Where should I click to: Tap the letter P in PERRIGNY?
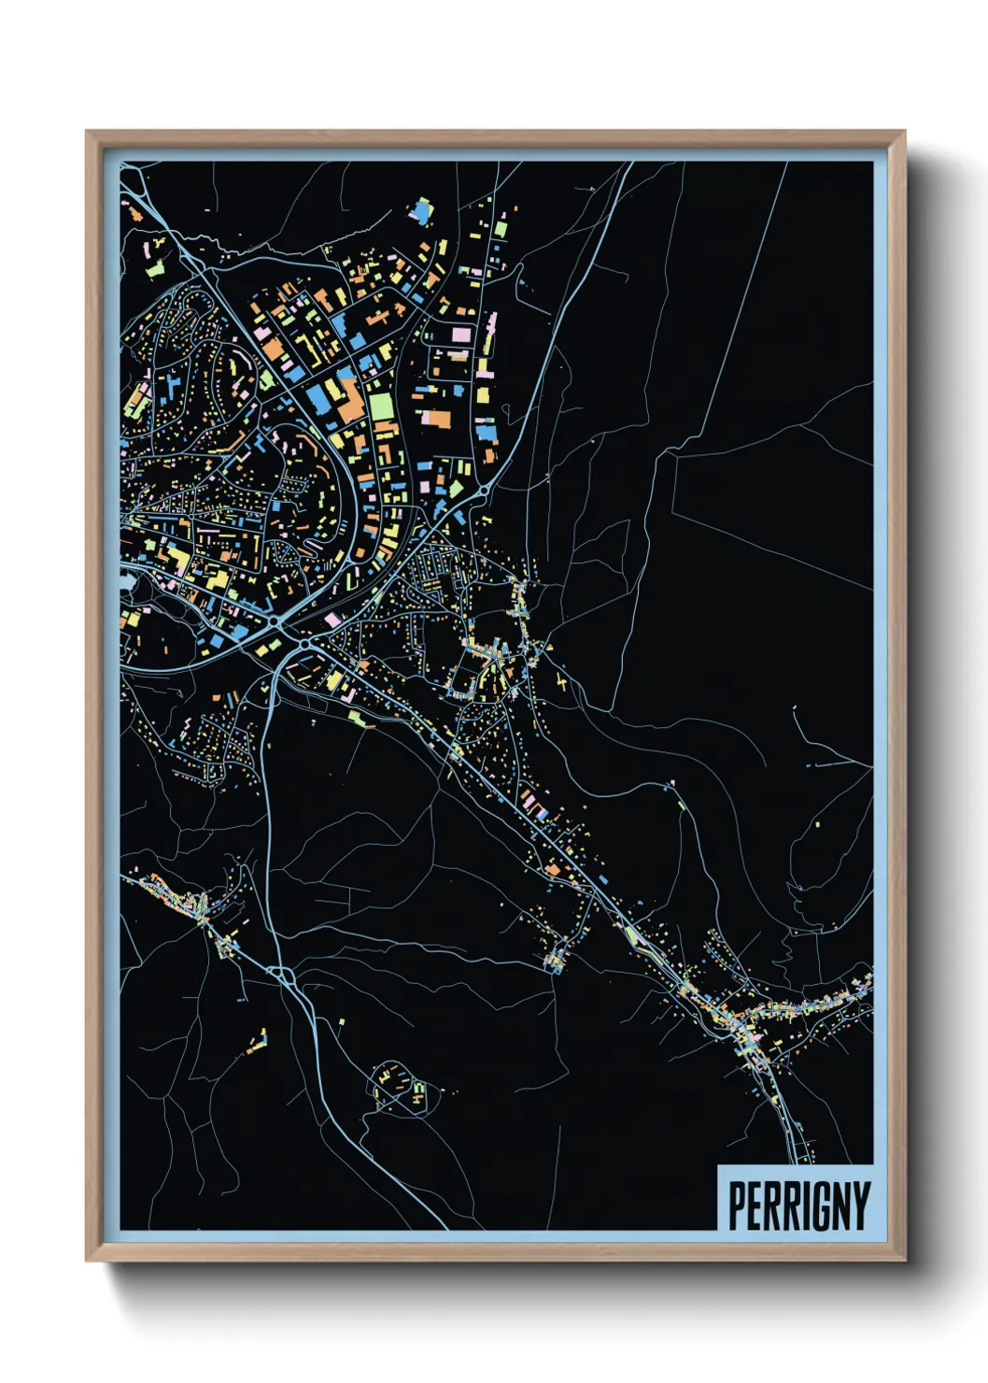[x=736, y=1206]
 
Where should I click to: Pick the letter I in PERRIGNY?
[x=801, y=1206]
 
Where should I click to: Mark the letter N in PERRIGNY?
[x=840, y=1206]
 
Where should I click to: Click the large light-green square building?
[x=381, y=406]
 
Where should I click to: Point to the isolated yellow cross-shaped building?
[x=562, y=681]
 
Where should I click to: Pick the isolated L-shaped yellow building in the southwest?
[x=259, y=1041]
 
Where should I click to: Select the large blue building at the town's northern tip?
[x=422, y=212]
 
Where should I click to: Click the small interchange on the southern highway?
[x=285, y=976]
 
